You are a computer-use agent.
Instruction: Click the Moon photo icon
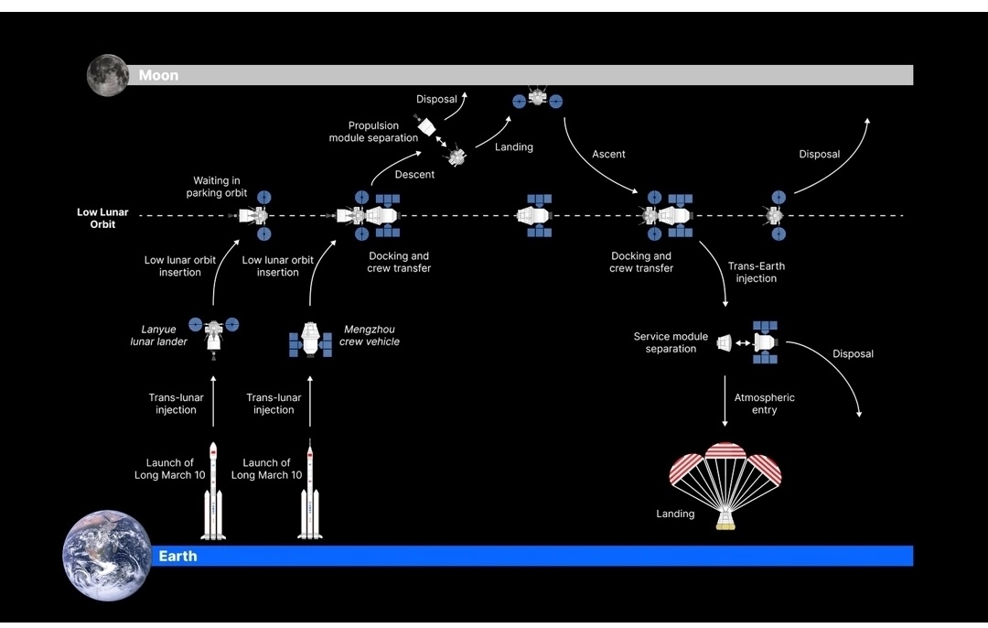(107, 75)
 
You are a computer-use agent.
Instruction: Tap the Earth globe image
(106, 555)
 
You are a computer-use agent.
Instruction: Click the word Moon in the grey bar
(158, 76)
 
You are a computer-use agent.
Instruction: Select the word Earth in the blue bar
(177, 556)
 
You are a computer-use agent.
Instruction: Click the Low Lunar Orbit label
(102, 218)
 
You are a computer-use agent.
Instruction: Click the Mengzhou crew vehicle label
(369, 336)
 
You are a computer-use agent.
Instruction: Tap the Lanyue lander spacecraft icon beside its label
(213, 332)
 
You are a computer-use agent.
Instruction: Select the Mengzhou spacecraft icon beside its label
(311, 338)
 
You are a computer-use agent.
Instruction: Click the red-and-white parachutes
(725, 466)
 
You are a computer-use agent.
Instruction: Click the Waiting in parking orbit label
(217, 187)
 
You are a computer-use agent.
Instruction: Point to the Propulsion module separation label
(373, 132)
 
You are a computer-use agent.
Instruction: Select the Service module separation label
(671, 342)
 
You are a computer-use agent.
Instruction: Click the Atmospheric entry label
(764, 404)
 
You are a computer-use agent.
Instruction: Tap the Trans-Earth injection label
(756, 272)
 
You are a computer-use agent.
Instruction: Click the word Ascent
(608, 154)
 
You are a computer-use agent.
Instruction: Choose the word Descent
(414, 174)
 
